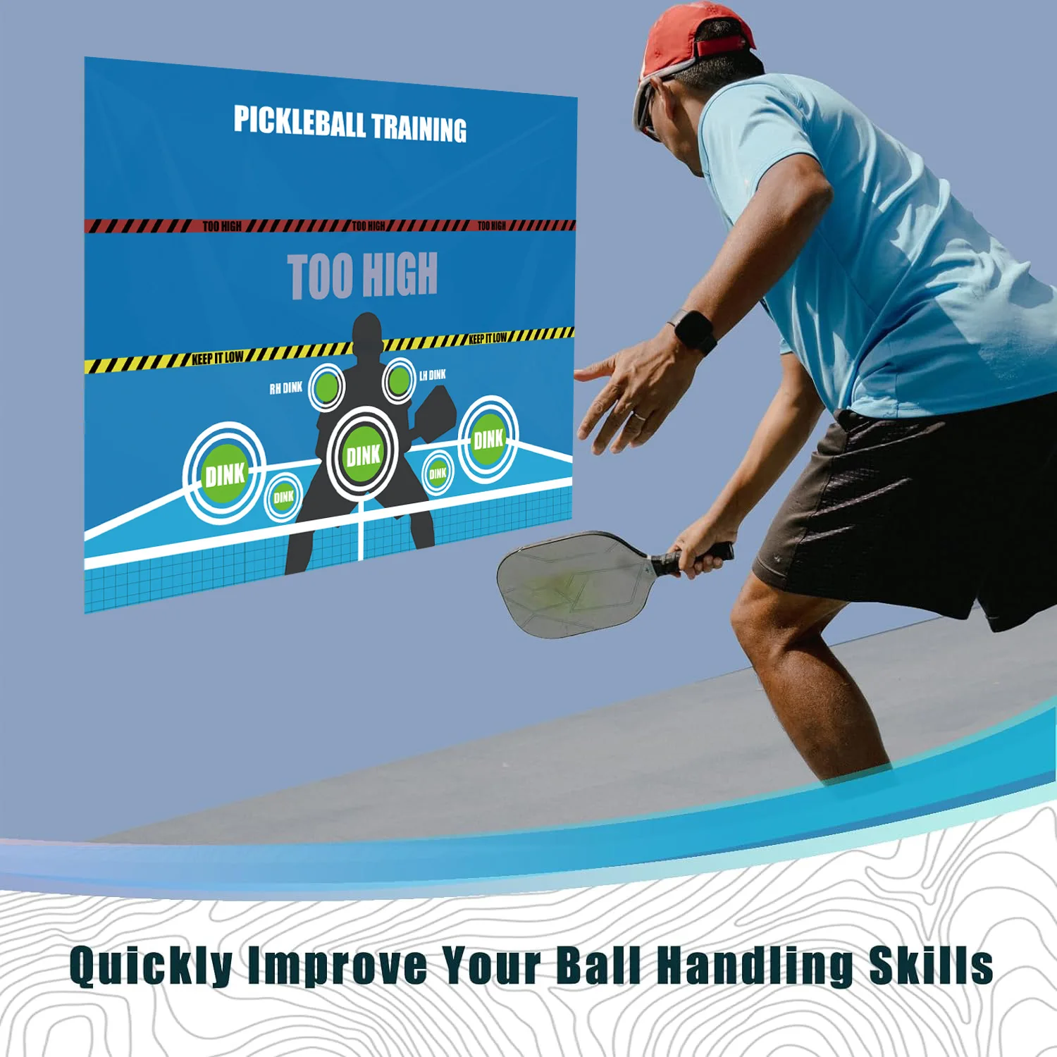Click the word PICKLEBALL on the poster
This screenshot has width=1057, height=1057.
point(299,122)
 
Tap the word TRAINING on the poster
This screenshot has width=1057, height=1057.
point(419,128)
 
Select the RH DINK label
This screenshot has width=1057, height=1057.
point(285,388)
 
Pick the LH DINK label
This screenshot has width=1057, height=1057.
point(432,375)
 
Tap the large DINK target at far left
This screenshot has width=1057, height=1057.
point(224,474)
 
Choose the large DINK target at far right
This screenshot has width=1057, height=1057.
point(488,440)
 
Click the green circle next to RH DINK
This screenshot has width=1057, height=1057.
point(326,387)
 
